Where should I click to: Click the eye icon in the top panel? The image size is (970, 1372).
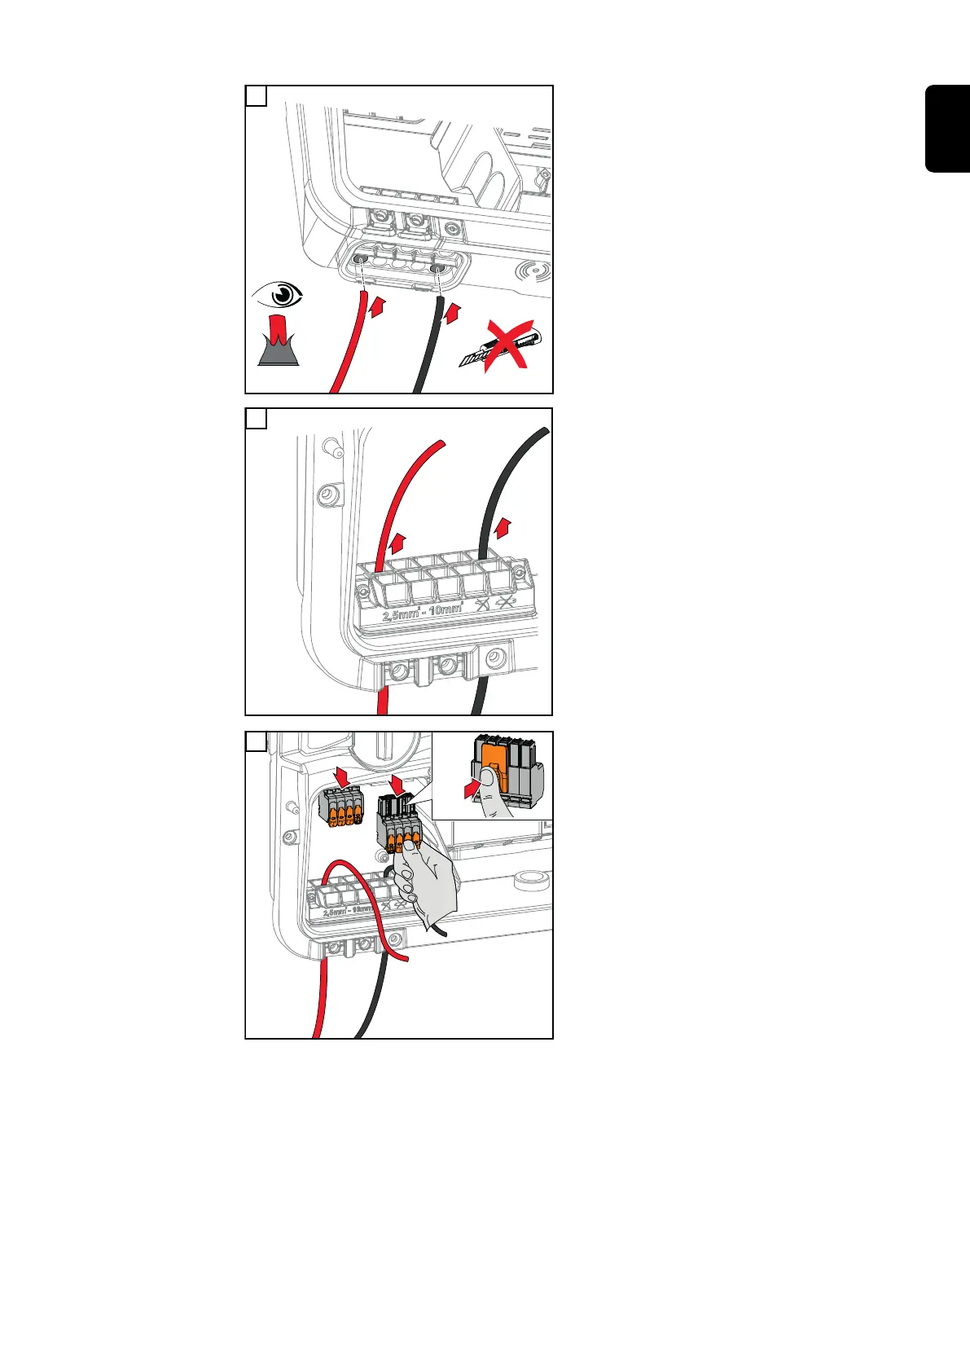pos(278,295)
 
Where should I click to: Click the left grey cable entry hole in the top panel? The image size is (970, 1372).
pos(359,259)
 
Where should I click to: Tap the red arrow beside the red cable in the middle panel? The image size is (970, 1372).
pos(397,544)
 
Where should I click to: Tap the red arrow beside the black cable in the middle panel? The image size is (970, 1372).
pos(505,527)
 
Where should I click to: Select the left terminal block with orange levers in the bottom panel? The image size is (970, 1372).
pos(340,811)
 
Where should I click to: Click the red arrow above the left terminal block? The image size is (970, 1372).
pos(343,777)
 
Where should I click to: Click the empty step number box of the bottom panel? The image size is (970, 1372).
pos(256,741)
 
